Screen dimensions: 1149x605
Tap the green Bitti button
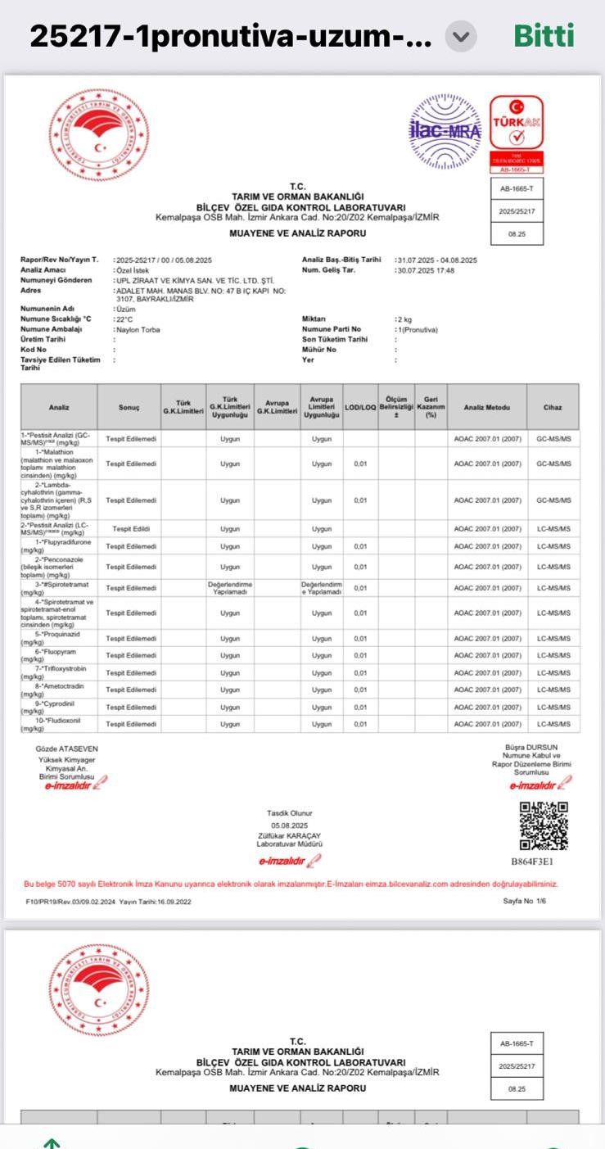coord(544,36)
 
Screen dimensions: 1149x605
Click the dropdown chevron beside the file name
coord(462,37)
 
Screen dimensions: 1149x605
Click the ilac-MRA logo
coord(445,130)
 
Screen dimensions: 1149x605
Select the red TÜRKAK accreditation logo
coord(517,131)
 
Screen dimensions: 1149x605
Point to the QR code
coord(544,825)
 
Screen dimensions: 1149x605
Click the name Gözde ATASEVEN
coord(66,749)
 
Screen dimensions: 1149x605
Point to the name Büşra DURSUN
coord(537,748)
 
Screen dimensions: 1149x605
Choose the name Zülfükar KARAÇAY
coord(290,835)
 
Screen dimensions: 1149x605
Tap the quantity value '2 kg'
coord(403,319)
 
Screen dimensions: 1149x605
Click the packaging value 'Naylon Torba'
coord(138,329)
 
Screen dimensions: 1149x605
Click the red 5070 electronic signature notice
coord(291,884)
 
